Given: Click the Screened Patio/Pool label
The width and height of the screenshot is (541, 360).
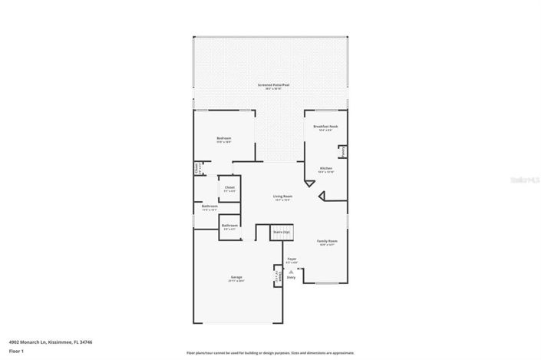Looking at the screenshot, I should click(x=273, y=84).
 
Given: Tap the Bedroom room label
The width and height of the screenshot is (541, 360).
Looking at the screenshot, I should click(x=223, y=138).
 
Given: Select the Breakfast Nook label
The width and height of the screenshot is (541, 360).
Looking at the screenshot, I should click(x=325, y=126).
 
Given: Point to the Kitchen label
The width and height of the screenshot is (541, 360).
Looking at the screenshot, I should click(x=325, y=168).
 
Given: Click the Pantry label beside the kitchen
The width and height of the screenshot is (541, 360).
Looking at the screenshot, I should click(x=342, y=151).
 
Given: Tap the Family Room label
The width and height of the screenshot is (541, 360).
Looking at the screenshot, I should click(x=328, y=241).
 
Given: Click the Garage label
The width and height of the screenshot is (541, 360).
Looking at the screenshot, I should click(x=236, y=277).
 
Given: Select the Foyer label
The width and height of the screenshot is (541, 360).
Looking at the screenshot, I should click(x=292, y=259).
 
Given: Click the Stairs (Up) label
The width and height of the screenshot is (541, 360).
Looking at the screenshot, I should click(x=282, y=231).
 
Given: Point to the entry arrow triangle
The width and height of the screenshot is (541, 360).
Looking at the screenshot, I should click(x=291, y=272).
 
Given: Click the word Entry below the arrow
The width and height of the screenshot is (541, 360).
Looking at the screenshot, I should click(x=291, y=278).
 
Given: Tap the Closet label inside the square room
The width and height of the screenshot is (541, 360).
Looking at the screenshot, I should click(x=229, y=188).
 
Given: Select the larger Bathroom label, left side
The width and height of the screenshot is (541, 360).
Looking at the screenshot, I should click(x=209, y=206).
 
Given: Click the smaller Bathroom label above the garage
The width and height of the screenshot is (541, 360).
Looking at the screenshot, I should click(x=229, y=226).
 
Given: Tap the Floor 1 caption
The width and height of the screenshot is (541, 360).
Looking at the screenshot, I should click(x=17, y=351).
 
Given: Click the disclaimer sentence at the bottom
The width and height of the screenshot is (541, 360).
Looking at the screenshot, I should click(x=270, y=352).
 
